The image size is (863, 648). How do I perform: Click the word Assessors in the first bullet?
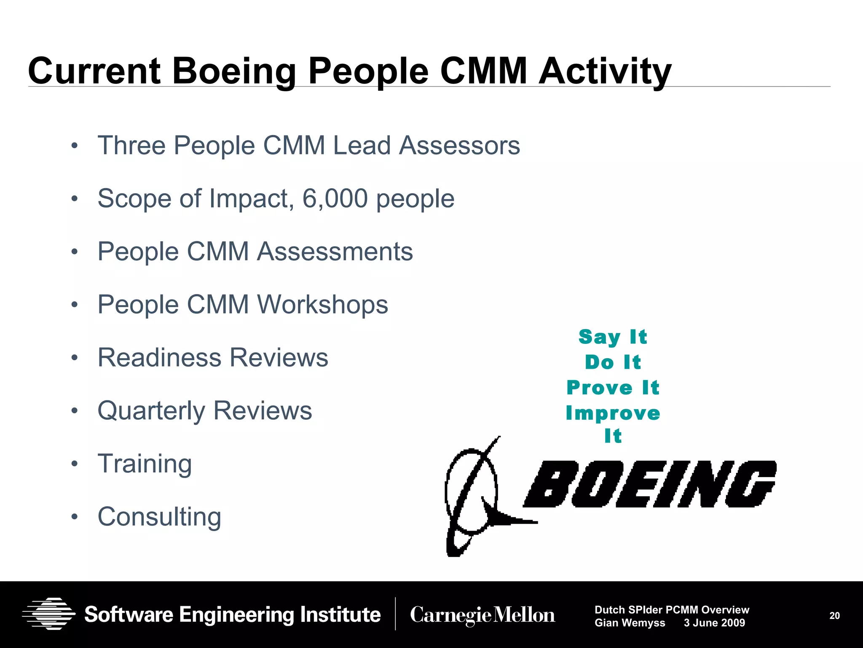pos(459,146)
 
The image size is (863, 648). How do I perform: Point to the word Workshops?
pos(322,305)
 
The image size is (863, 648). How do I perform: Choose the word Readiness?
pos(159,358)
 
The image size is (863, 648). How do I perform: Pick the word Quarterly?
pos(151,411)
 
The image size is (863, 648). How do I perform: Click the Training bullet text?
pos(145,464)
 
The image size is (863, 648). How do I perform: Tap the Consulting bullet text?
pos(159,517)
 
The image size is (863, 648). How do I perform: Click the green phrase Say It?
pos(613,337)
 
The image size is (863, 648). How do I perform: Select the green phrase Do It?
pos(613,362)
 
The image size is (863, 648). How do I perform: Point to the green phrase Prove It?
pos(613,388)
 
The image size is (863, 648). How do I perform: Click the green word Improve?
pos(613,413)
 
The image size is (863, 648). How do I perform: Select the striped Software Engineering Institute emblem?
pos(48,614)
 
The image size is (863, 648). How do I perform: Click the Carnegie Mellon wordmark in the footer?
pos(482,615)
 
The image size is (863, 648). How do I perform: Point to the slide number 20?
pos(834,616)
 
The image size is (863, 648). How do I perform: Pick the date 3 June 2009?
pos(714,623)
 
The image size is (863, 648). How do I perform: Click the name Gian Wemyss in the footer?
pos(630,623)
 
